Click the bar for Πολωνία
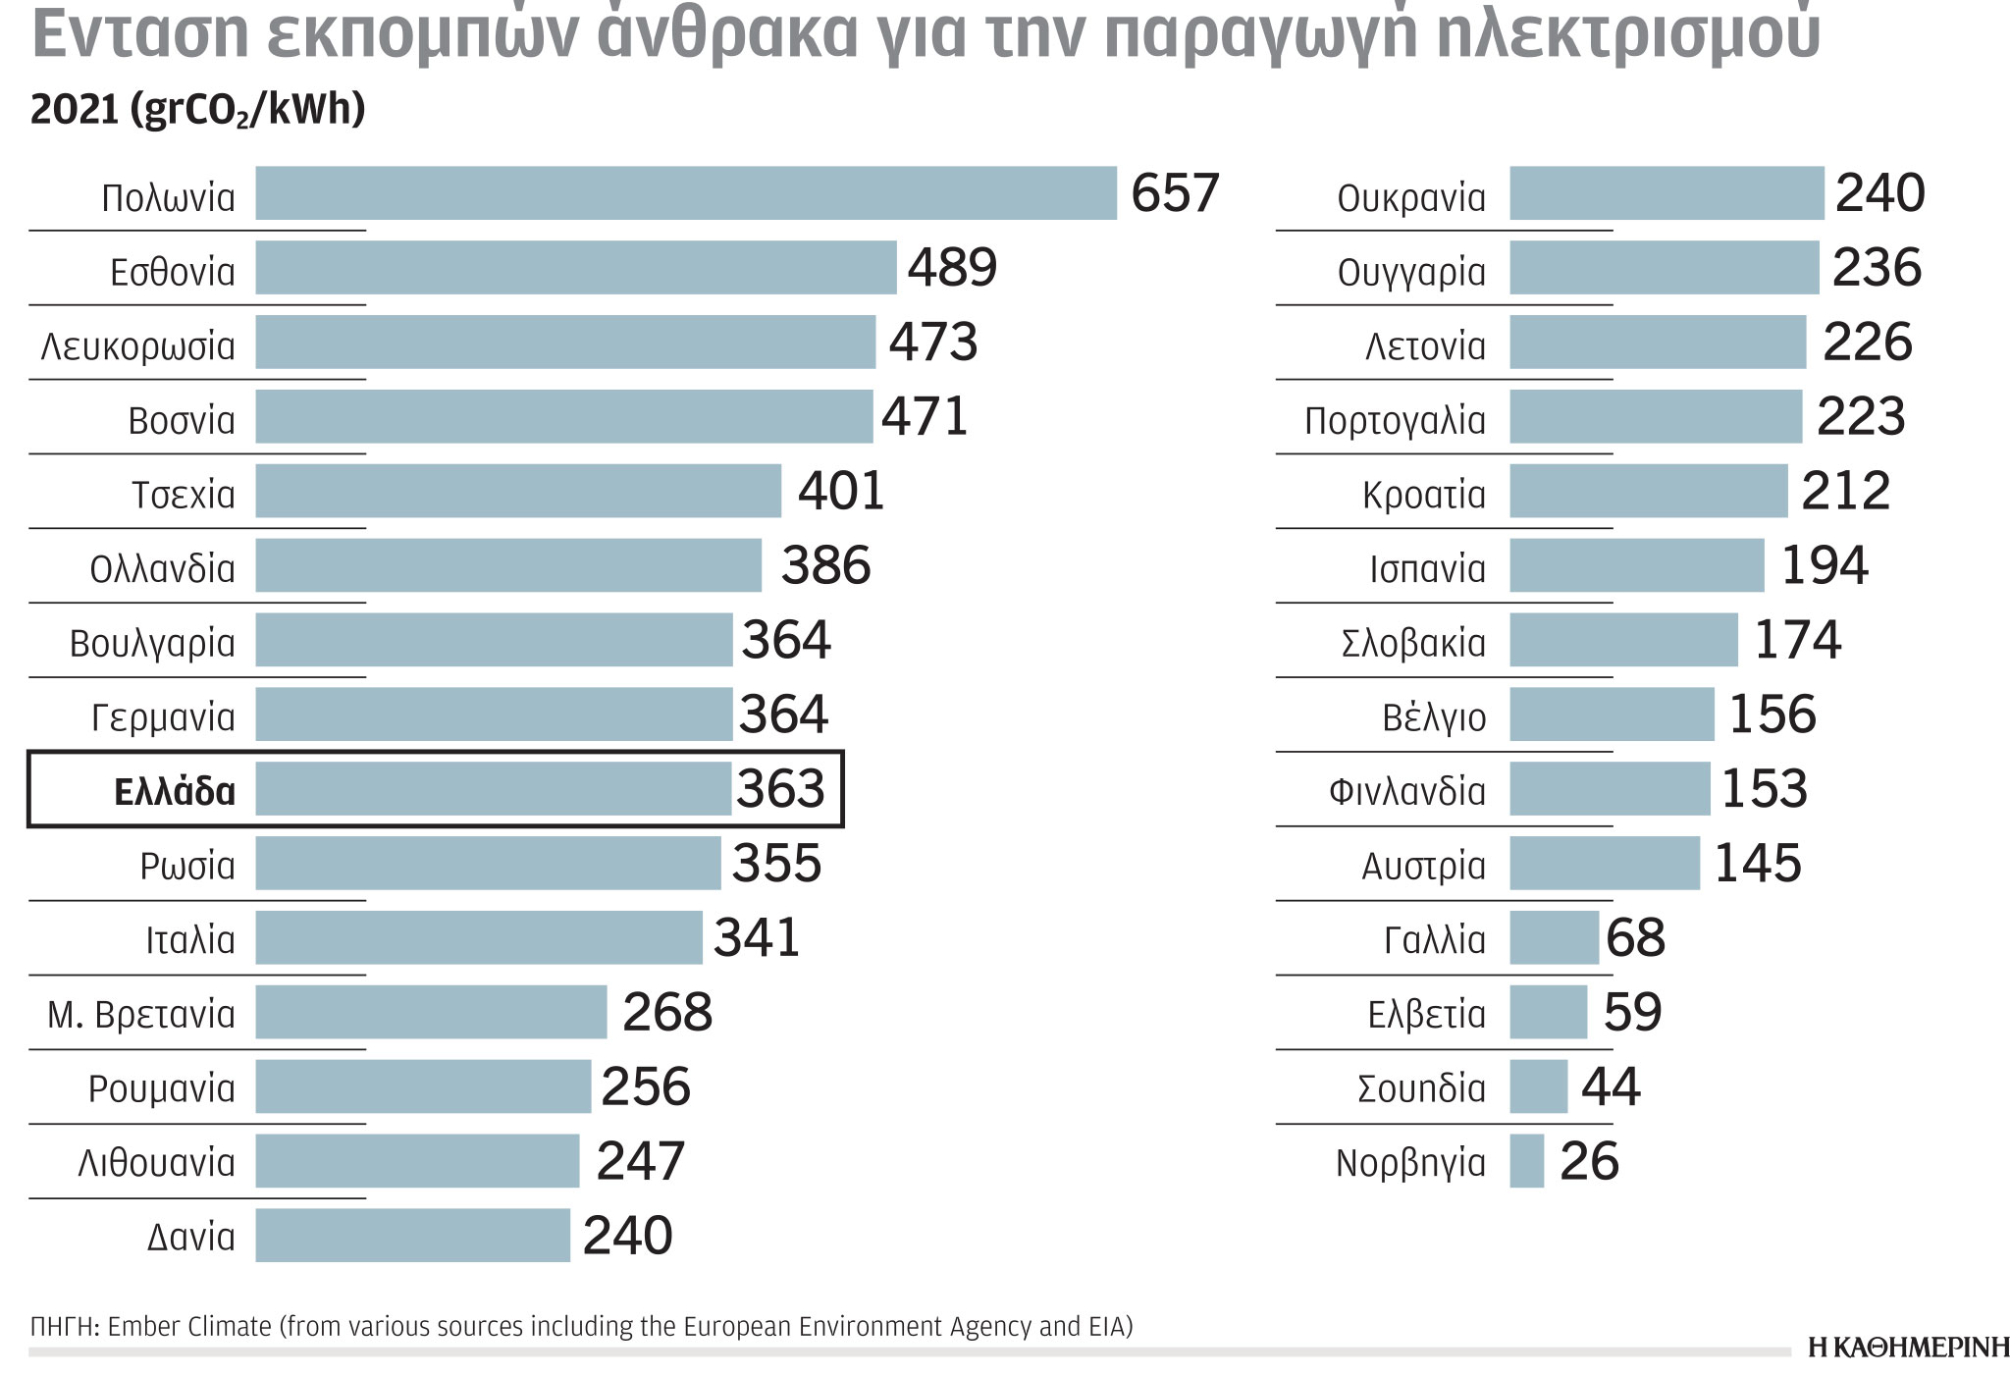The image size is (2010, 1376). pos(685,193)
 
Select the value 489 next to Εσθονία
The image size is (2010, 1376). pos(951,268)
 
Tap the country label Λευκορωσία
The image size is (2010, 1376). pos(138,346)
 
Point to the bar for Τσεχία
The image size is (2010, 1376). pos(518,491)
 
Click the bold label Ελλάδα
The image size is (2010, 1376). pos(175,791)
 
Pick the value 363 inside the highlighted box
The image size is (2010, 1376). pos(780,789)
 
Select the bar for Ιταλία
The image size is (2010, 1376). pos(479,937)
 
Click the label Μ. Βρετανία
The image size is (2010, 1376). pos(141,1014)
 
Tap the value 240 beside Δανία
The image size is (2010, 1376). pos(627,1236)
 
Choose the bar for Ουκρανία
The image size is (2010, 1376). pos(1666,193)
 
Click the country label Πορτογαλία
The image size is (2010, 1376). pos(1395,421)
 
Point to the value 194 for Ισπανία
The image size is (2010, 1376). pos(1824,566)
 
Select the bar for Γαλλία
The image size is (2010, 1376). pos(1554,937)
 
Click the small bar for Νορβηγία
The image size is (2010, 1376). pos(1526,1161)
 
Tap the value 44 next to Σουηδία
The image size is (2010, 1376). pos(1610,1087)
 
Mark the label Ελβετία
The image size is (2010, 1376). pos(1426,1014)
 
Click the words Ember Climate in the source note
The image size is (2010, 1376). pos(188,1327)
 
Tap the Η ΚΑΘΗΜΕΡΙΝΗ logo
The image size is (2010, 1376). pos(1908,1348)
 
